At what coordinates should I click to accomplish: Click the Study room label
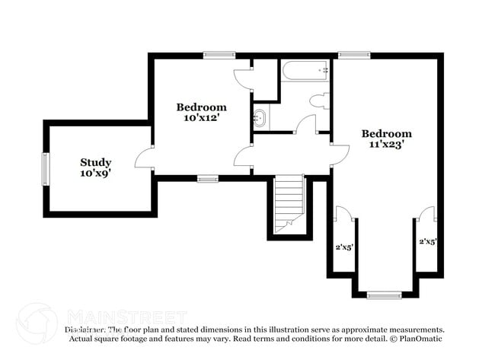[96, 162]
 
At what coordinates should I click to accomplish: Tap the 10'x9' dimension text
[96, 174]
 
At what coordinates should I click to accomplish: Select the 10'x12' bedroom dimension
[201, 118]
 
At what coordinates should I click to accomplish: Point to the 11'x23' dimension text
[386, 144]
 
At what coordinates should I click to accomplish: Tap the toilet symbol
[319, 101]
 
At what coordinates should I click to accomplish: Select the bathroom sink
[260, 118]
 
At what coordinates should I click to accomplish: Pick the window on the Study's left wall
[45, 168]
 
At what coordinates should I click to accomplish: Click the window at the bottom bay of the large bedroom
[384, 294]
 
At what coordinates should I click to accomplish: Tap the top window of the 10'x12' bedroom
[219, 54]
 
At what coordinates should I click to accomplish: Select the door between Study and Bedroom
[145, 158]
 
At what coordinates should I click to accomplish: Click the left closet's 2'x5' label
[343, 247]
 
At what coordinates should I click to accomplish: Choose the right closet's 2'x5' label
[427, 242]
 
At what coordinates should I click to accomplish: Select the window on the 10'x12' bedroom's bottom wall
[208, 179]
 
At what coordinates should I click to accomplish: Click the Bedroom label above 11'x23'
[386, 133]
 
